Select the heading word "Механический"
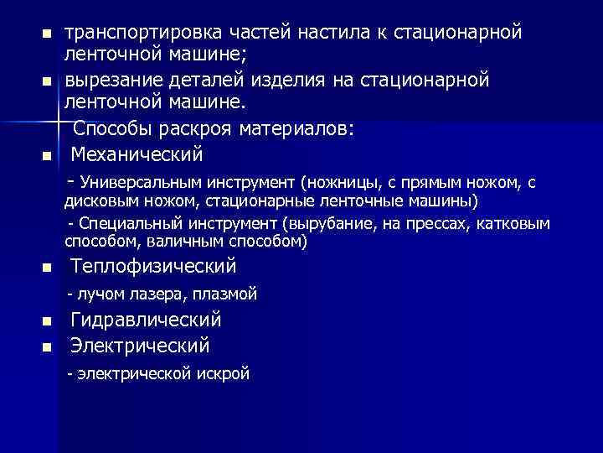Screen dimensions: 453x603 coord(137,154)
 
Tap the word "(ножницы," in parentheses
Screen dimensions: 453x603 coord(338,182)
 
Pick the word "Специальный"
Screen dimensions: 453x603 coord(125,225)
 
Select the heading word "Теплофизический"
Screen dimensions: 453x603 coord(153,267)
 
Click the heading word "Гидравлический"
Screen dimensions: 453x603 coord(146,320)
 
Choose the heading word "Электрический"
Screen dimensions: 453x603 coord(140,345)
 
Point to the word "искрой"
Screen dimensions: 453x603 coord(226,373)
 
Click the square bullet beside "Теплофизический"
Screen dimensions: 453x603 coord(47,269)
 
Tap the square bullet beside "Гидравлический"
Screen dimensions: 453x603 coord(47,322)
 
